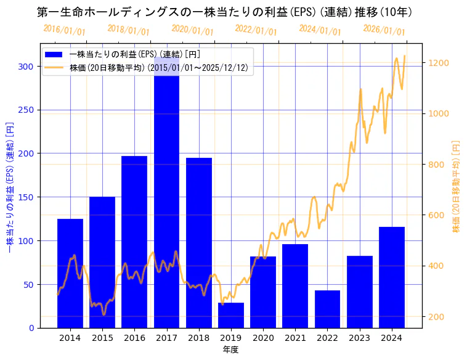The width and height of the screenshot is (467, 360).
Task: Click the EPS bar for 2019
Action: tap(231, 315)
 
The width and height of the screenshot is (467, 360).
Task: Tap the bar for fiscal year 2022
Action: tap(327, 309)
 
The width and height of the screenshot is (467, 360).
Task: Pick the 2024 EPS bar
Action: tap(392, 277)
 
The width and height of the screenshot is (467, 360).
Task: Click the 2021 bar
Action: tap(295, 286)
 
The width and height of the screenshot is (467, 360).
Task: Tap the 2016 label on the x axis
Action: tap(134, 338)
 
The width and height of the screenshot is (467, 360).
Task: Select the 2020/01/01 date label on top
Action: tap(192, 30)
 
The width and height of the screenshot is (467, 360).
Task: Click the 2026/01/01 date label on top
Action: tap(384, 30)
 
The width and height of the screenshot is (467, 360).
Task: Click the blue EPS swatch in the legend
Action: tap(54, 55)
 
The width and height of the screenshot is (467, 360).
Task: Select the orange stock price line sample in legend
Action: tap(54, 68)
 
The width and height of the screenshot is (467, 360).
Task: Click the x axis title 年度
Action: tap(230, 350)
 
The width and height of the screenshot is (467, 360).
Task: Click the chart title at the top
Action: tap(224, 12)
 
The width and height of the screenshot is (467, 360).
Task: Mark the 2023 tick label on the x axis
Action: tap(359, 338)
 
